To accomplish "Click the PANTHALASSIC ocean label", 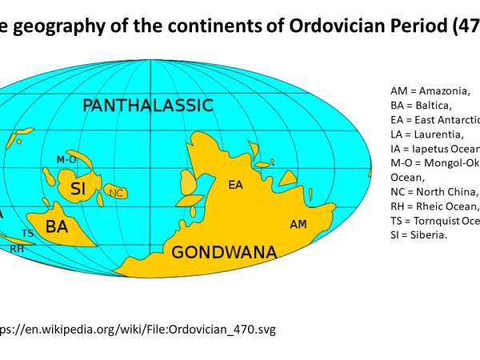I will (x=148, y=105).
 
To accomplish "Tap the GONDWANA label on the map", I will (x=224, y=253).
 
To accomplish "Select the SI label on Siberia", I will (x=78, y=190).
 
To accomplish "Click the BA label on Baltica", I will (x=56, y=226).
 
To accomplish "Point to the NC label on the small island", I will (x=117, y=193).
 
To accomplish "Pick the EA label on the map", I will (x=235, y=185).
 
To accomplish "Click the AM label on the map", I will (x=298, y=223).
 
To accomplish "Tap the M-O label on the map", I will (x=66, y=160).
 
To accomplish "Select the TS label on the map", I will (x=27, y=233).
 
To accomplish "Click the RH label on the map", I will (x=17, y=249).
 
